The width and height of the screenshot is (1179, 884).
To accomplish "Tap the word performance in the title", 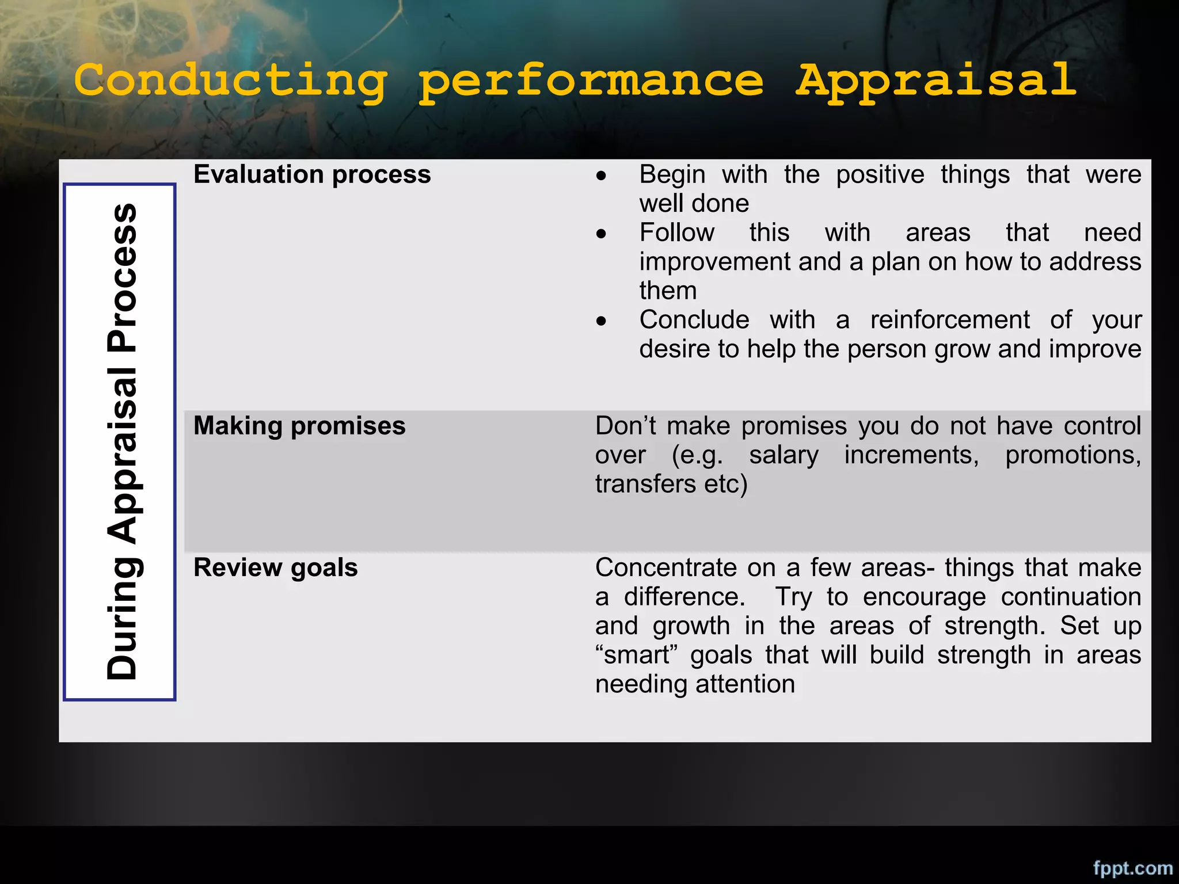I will tap(591, 82).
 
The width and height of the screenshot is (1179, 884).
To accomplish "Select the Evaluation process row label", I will tap(311, 174).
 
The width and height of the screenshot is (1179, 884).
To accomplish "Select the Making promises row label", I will tap(299, 426).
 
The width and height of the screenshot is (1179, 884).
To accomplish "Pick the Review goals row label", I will tap(275, 567).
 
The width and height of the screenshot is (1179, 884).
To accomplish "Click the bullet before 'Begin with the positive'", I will tap(602, 176).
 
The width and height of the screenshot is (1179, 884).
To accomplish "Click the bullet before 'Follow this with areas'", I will tap(602, 234).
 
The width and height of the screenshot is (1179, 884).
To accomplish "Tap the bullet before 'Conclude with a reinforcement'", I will tap(602, 321).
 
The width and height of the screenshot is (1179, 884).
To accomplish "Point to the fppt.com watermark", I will tap(1132, 867).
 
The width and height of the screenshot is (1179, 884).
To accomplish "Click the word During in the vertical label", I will tap(122, 619).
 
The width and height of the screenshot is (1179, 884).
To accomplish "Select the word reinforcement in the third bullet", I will tap(950, 320).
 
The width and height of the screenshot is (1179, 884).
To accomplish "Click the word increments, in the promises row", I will tap(911, 455).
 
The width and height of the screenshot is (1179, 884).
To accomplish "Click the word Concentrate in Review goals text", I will tap(665, 568).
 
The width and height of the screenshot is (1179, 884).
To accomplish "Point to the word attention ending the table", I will tap(745, 684).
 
